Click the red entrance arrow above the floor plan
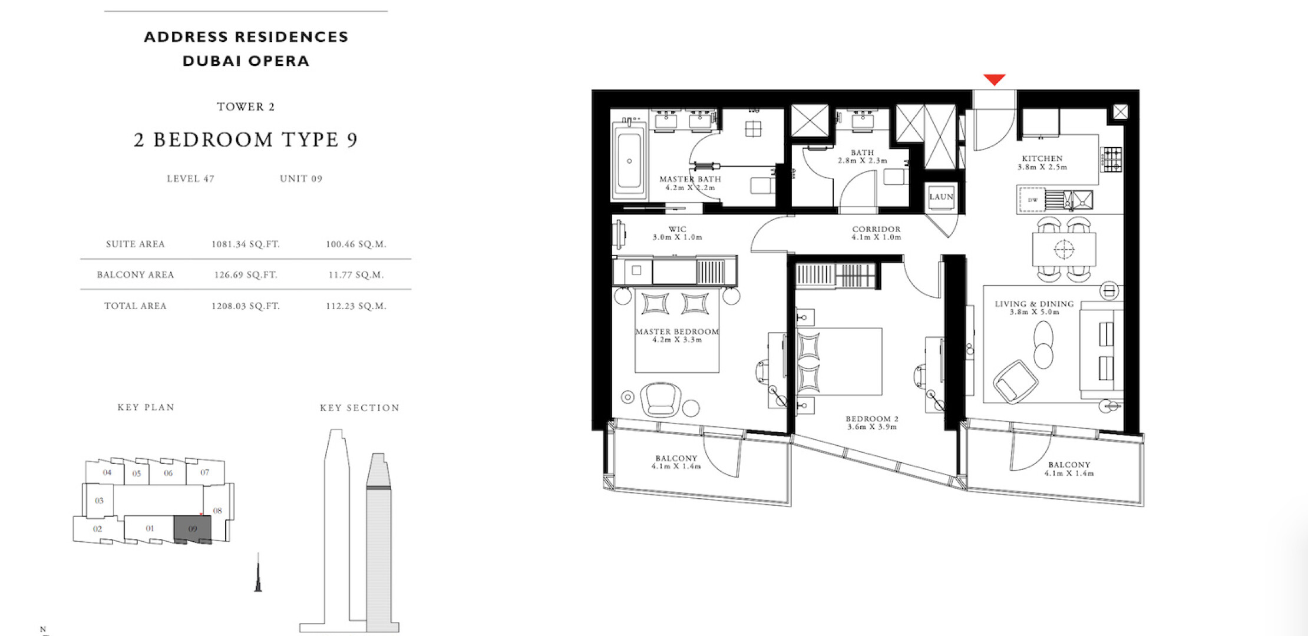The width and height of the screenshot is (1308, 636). coord(994,79)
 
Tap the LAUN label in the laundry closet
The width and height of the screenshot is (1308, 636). coord(941,197)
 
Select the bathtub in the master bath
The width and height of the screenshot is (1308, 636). coord(629,160)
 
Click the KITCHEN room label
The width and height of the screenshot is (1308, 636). coord(1042,158)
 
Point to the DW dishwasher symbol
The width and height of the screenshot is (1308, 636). coord(1032,200)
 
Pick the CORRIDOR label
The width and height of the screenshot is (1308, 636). coord(876,229)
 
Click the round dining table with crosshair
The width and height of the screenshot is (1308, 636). coord(1064,250)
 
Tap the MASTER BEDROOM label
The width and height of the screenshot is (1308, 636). coord(677,332)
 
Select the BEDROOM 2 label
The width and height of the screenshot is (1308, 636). coord(872,419)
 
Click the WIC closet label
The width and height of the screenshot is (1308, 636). coord(677,229)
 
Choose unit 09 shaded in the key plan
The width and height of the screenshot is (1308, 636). coord(193,529)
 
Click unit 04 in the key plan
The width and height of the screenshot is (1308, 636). coord(107,472)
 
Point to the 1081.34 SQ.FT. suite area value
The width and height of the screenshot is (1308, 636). coord(246,244)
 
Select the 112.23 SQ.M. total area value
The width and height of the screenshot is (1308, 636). coord(356,306)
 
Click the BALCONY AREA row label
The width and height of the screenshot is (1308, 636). coord(136,275)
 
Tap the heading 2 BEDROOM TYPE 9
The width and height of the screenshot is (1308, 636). coord(246,140)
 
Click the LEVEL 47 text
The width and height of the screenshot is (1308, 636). coord(190,178)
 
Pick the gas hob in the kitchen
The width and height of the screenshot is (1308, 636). coord(1112,159)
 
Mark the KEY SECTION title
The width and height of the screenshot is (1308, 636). coord(359,408)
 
